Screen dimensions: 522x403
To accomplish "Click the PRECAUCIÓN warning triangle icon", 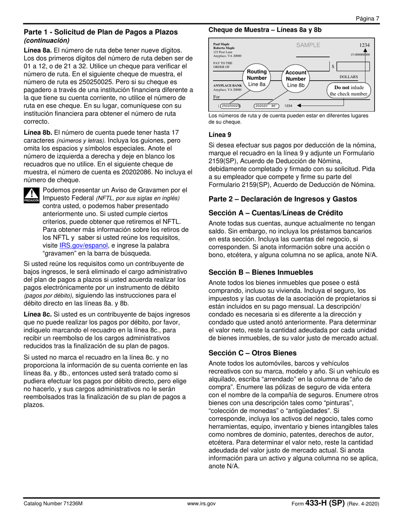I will point(31,195).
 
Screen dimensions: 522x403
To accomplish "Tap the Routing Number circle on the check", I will point(257,78).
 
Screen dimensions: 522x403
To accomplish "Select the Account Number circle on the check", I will point(296,79).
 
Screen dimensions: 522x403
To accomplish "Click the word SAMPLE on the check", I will point(308,45).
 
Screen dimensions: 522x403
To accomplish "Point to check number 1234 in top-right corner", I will point(364,45).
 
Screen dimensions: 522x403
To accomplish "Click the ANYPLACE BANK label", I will point(227,86).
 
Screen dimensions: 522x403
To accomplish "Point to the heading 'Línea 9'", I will point(220,135).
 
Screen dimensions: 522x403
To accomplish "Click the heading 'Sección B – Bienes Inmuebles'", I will point(261,272).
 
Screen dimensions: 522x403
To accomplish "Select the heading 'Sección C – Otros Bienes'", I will point(252,353).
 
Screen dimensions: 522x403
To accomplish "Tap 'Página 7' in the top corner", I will point(367,18).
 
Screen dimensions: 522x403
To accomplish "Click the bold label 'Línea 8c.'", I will point(38,314).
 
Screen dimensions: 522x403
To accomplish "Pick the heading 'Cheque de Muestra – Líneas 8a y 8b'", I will point(265,30).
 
